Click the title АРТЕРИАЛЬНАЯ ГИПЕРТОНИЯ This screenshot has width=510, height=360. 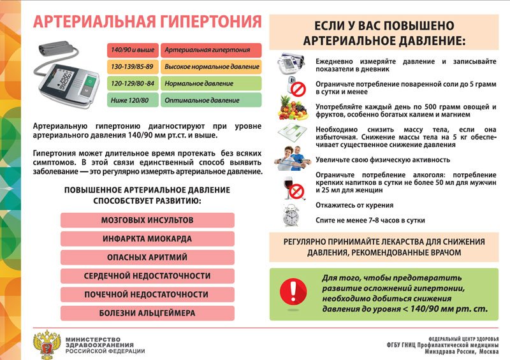click(147, 22)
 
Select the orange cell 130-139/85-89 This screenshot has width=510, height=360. click(133, 67)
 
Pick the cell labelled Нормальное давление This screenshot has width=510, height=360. click(210, 83)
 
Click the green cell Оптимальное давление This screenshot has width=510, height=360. click(210, 100)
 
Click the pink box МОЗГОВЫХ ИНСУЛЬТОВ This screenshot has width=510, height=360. click(147, 220)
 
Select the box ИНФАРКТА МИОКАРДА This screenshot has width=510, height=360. click(147, 239)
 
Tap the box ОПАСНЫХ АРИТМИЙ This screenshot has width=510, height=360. click(147, 257)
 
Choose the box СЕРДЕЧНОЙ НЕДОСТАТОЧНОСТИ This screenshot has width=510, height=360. click(147, 276)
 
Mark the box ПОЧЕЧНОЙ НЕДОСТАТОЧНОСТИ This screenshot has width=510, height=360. click(147, 294)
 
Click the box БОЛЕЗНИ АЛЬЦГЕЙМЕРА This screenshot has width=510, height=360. click(147, 313)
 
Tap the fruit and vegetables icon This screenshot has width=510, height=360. click(293, 108)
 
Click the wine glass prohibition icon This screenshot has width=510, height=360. click(294, 187)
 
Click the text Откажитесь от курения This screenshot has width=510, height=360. click(354, 205)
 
